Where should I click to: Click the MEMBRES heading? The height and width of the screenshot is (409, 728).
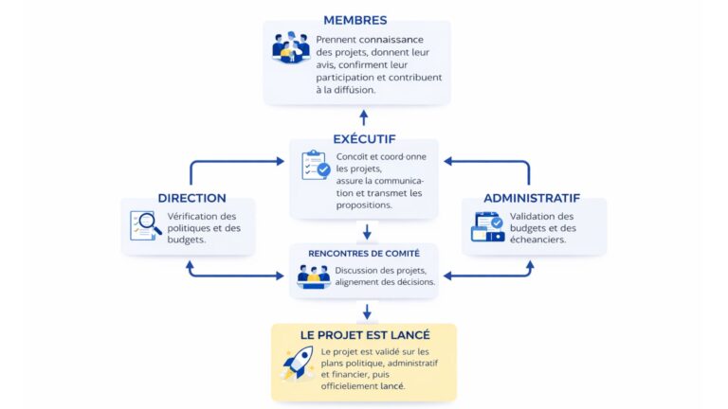[x=355, y=20]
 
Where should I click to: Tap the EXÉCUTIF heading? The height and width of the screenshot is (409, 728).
[x=364, y=139]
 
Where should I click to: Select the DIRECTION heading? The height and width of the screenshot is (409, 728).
[x=191, y=198]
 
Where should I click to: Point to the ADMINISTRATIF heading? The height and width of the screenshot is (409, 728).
[x=531, y=198]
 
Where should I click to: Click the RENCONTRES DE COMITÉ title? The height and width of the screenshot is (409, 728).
[x=364, y=253]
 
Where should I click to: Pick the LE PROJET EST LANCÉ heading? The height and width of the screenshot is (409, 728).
[x=365, y=334]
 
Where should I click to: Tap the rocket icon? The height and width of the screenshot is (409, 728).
[x=298, y=362]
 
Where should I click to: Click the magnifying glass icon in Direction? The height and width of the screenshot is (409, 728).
[x=147, y=225]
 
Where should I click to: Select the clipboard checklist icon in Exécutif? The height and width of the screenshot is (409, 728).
[x=316, y=165]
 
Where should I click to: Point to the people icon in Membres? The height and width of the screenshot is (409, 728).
[x=291, y=47]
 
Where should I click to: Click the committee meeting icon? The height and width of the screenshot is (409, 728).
[x=314, y=276]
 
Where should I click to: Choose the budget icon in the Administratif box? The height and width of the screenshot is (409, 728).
[x=487, y=226]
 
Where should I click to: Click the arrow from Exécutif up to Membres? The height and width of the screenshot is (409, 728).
[x=363, y=117]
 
